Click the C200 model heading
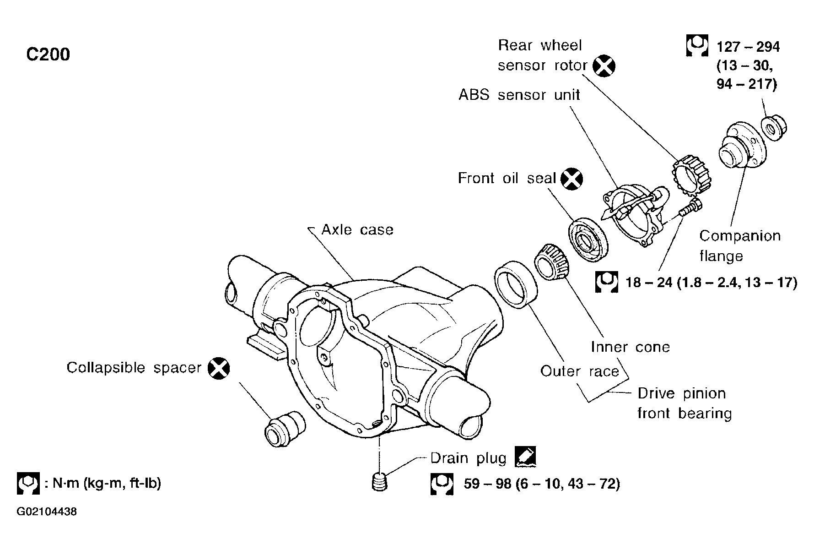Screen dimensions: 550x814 [48, 54]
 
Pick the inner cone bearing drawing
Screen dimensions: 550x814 [552, 262]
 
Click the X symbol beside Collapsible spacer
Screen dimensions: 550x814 [219, 368]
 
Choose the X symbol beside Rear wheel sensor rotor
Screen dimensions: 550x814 [604, 66]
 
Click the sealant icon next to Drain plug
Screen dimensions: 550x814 [525, 457]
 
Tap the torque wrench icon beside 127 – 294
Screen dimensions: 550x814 [697, 46]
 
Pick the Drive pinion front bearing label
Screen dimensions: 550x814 [684, 403]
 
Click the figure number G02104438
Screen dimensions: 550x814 [47, 512]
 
